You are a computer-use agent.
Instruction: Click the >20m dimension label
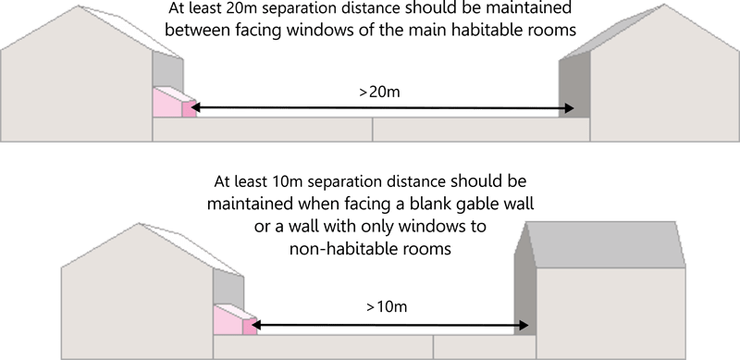coord(379,92)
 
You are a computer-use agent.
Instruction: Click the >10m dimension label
coord(387,306)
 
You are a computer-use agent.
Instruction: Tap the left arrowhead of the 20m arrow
coord(196,108)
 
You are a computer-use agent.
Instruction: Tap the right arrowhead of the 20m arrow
coord(569,108)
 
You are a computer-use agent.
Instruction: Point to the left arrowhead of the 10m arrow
coord(255,325)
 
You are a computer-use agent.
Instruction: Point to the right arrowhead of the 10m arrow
coord(523,325)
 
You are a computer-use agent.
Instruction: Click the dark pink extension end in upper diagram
coord(189,109)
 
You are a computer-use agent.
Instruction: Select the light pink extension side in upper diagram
coord(167,104)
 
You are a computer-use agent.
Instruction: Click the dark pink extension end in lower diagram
coord(250,327)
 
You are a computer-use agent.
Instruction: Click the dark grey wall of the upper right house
coord(574,85)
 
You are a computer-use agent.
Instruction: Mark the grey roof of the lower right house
coord(606,244)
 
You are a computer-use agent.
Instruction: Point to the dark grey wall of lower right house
coord(524,283)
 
